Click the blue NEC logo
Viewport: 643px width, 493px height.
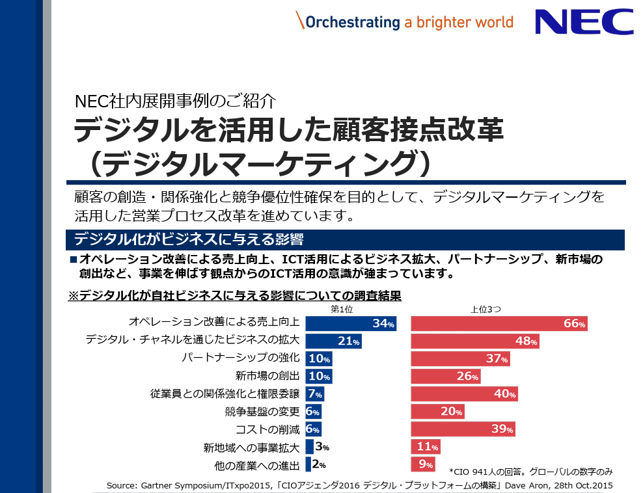click(584, 21)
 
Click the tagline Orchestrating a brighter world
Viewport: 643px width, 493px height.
click(404, 21)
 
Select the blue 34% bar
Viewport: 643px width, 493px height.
click(350, 323)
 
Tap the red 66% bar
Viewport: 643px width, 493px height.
click(499, 323)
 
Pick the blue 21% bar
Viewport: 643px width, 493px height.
click(333, 341)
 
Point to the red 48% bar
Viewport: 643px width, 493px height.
click(474, 341)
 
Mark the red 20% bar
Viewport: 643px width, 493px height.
click(437, 411)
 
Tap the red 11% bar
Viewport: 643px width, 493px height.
click(426, 447)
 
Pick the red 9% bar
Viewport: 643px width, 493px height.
click(423, 464)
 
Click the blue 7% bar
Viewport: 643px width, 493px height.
click(314, 393)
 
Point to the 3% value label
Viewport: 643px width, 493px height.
click(321, 447)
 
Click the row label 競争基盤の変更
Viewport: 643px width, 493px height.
click(262, 411)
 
